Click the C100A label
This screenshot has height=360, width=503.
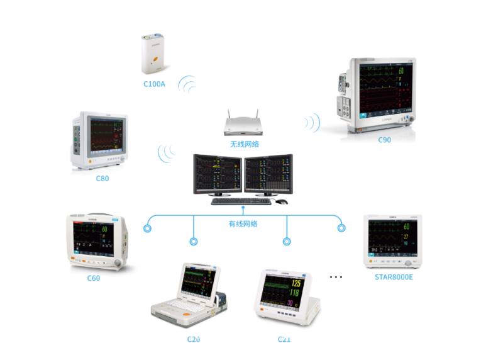click(154, 84)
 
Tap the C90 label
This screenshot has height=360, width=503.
click(384, 140)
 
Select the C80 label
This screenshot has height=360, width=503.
click(102, 179)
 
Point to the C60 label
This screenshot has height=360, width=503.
click(94, 278)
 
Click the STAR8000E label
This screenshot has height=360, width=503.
click(393, 276)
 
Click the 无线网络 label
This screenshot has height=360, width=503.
click(245, 144)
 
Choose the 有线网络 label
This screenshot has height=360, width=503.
click(243, 223)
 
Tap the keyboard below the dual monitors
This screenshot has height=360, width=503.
click(241, 202)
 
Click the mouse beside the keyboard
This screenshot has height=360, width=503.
click(281, 201)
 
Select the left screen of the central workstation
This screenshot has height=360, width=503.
click(218, 174)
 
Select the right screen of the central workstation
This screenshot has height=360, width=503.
click(268, 174)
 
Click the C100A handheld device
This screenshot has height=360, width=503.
click(155, 54)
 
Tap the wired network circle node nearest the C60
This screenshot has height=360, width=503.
click(148, 228)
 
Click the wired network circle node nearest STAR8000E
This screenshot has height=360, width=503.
click(341, 228)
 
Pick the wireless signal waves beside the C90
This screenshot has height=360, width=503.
click(312, 120)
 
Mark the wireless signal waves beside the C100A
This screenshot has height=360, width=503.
click(187, 85)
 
